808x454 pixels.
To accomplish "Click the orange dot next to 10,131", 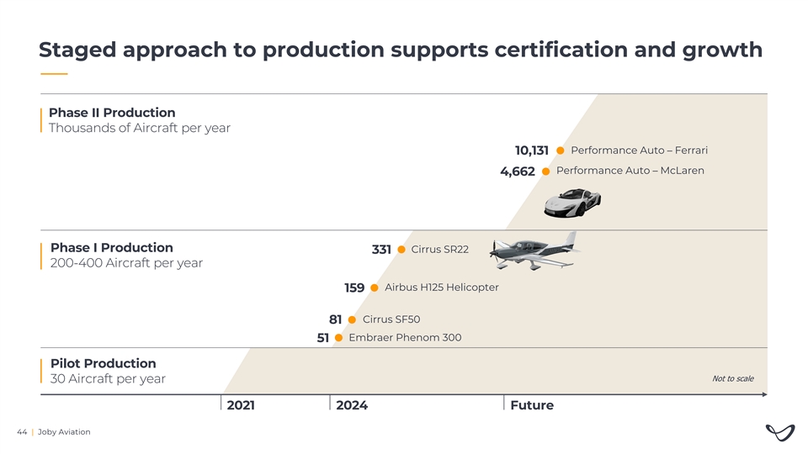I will (x=561, y=150).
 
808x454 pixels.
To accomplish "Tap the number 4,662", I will (x=517, y=172).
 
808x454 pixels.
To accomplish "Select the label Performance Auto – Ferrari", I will (x=639, y=150).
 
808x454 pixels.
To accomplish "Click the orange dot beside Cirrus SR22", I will (x=401, y=250).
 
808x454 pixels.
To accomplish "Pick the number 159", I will (x=353, y=288).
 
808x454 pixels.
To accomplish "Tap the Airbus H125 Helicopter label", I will (x=441, y=288).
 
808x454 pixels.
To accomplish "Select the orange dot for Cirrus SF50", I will (x=352, y=319).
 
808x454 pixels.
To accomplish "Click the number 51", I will (x=322, y=339).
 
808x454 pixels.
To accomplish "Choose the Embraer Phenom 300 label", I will (x=404, y=338).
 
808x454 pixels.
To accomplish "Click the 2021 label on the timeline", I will (x=241, y=405).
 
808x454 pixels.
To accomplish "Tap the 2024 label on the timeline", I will (x=351, y=405).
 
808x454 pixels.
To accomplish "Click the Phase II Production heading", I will (x=112, y=113).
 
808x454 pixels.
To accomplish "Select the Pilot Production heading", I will (x=103, y=363).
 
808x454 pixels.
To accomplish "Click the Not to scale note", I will (x=732, y=378).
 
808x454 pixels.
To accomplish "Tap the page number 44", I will (x=22, y=432).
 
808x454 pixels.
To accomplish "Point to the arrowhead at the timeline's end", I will (x=763, y=394).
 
